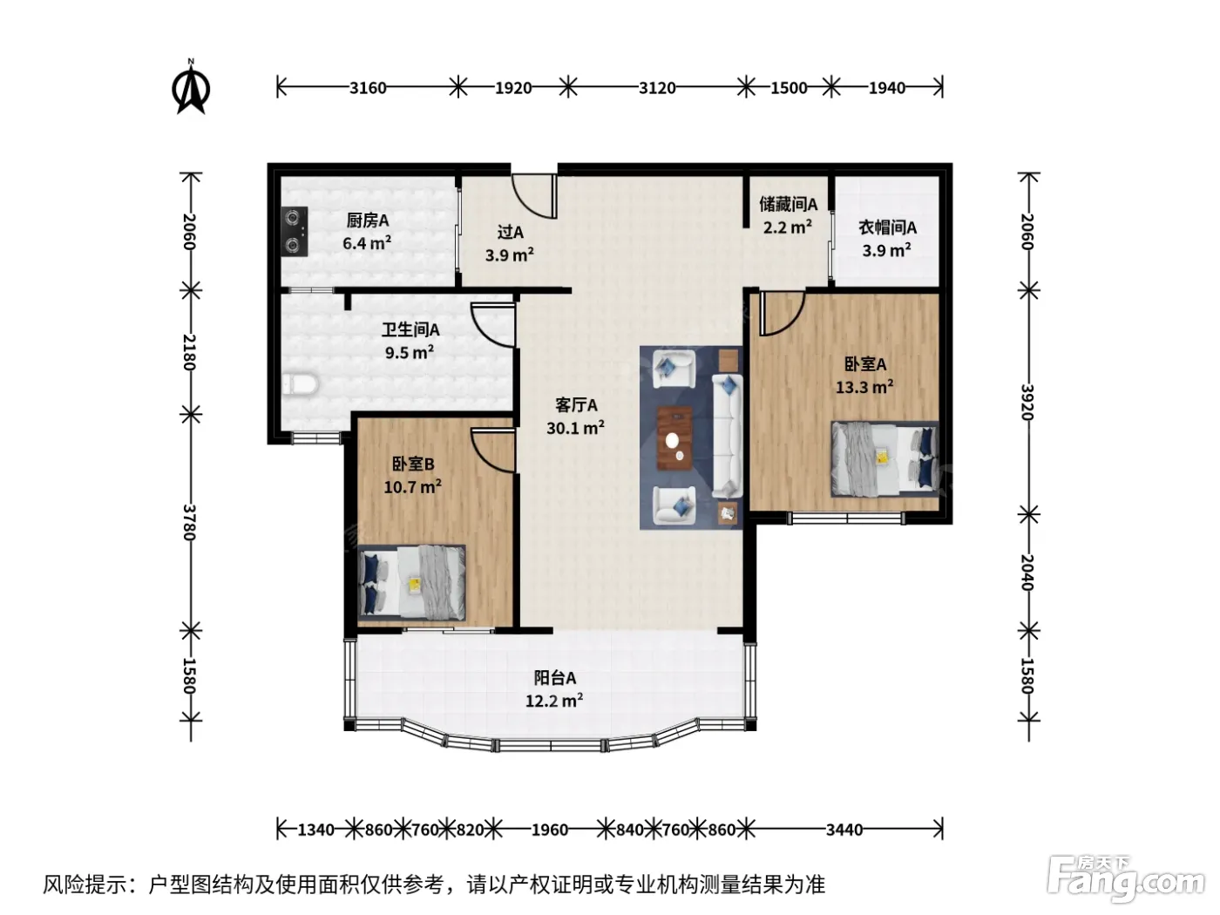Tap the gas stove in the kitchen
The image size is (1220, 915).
294,231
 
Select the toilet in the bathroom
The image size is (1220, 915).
300,384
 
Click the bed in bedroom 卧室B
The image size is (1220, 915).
411,581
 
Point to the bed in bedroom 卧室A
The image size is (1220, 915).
884,459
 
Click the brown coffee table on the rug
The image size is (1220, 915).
674,438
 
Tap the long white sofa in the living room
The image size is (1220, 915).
728,436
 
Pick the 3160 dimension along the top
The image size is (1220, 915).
368,88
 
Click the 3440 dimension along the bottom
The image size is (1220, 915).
844,830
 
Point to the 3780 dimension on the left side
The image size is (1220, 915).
189,522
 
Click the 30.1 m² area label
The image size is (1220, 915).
575,428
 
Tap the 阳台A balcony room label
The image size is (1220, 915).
555,678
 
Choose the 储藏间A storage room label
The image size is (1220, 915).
788,205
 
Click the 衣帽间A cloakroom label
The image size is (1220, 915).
887,227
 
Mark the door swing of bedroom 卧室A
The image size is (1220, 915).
782,315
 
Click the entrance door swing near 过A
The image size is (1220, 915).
533,197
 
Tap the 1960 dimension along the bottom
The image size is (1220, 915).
550,830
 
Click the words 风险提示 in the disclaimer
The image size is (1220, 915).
85,885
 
